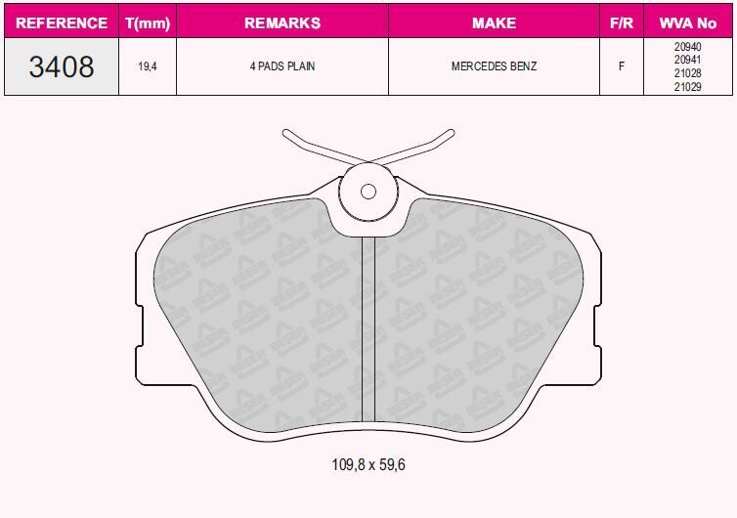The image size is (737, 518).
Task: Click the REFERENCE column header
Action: pos(62,22)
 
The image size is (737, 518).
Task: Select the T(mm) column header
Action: pos(148,23)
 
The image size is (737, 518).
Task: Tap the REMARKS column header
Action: pos(282,22)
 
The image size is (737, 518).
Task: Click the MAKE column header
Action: pos(494,22)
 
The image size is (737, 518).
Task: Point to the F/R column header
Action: pos(622,22)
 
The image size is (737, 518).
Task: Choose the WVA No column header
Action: pos(688,22)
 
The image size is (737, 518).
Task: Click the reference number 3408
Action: pos(62,66)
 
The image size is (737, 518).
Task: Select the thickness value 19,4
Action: pos(148,66)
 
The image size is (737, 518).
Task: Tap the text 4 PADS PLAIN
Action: pos(282,66)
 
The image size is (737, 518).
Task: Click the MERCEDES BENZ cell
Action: pos(494,66)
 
